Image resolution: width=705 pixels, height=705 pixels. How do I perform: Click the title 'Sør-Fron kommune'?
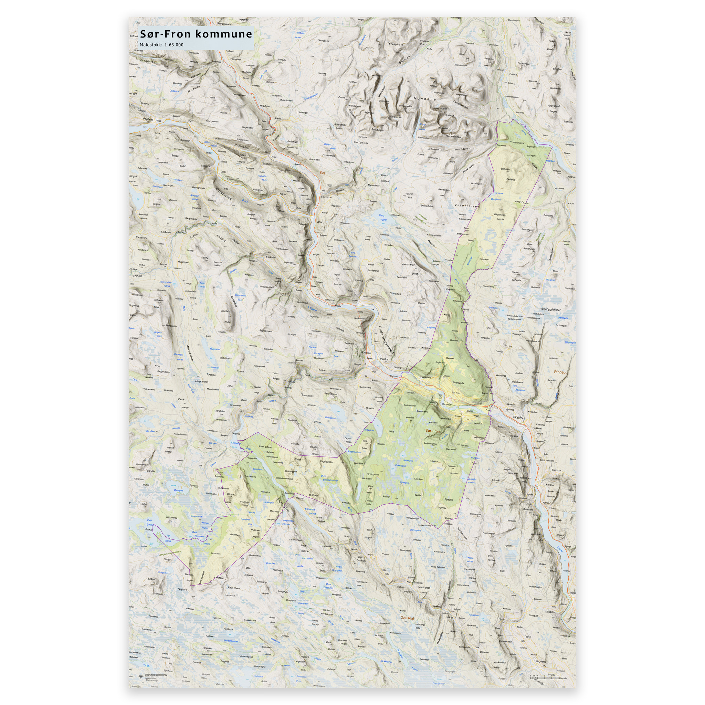point(196,34)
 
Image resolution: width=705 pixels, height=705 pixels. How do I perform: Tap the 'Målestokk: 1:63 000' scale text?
point(161,45)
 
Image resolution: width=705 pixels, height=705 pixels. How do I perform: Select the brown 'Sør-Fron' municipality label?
point(433,431)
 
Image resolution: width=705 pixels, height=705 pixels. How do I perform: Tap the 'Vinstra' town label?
point(384,359)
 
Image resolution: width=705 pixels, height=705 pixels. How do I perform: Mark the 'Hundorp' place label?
point(446,405)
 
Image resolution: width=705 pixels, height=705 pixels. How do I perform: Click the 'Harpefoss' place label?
point(425,377)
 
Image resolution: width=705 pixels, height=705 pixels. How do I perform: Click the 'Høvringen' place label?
point(303,113)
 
